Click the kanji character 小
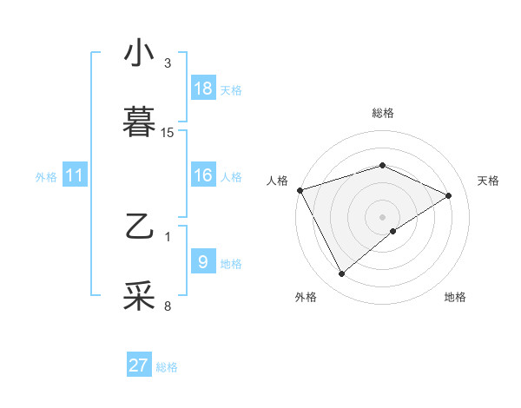click(139, 54)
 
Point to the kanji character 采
click(139, 296)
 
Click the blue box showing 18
click(203, 89)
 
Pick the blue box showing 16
click(203, 175)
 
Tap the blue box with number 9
click(203, 261)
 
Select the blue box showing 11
click(75, 175)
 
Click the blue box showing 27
click(139, 365)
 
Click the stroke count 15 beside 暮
click(168, 133)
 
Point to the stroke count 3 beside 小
click(168, 63)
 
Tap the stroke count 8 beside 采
click(168, 306)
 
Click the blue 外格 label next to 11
click(46, 176)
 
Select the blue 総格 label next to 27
click(167, 366)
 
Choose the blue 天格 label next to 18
click(231, 89)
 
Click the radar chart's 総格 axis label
click(382, 113)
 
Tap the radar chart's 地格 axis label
click(455, 297)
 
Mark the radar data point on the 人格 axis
click(300, 190)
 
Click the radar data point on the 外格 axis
click(341, 274)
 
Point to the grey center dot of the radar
click(382, 216)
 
